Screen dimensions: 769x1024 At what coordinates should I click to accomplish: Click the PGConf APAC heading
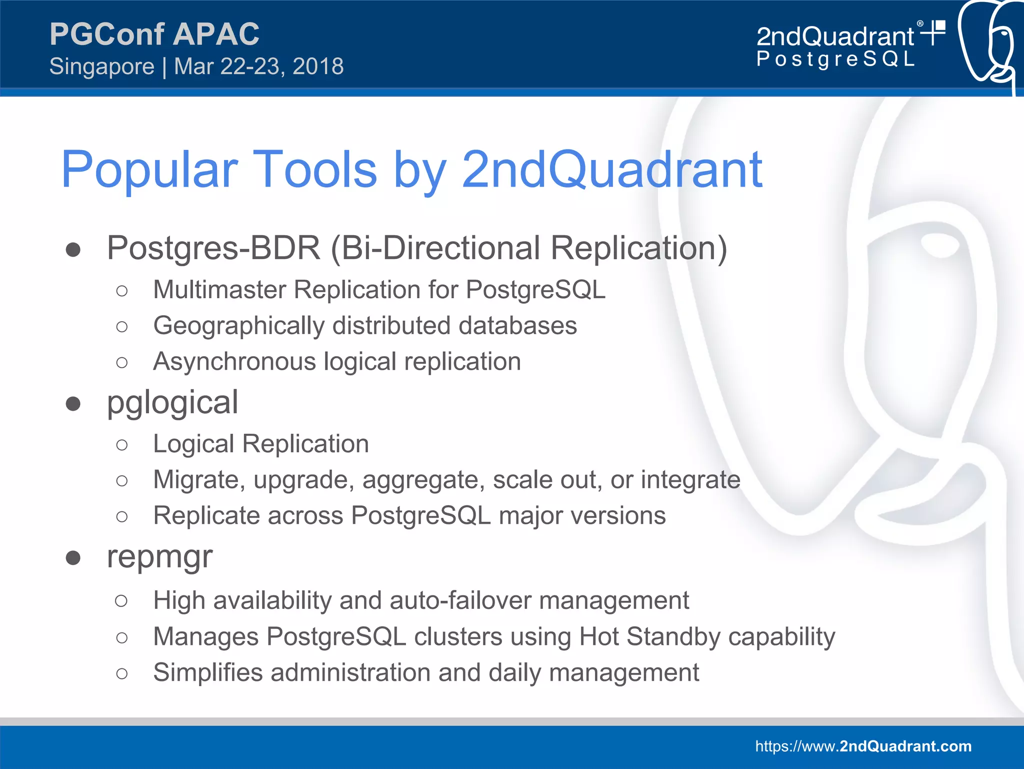click(x=154, y=34)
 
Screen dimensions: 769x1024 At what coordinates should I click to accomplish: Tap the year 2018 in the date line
click(x=318, y=67)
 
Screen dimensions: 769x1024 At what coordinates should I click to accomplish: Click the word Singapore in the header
click(x=102, y=67)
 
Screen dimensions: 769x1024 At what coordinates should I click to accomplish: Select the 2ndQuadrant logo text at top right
click(x=835, y=37)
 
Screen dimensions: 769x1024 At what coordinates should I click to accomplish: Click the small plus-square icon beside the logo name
click(x=934, y=32)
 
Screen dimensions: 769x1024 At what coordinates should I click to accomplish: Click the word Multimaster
click(x=219, y=290)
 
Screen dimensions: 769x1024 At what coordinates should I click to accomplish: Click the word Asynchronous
click(x=234, y=362)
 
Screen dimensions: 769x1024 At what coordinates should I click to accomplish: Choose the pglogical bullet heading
click(x=172, y=403)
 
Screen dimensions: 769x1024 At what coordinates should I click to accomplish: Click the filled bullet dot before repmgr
click(x=73, y=557)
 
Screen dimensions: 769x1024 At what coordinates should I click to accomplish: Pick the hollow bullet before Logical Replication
click(x=121, y=444)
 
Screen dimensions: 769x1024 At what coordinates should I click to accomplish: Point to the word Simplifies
click(x=207, y=672)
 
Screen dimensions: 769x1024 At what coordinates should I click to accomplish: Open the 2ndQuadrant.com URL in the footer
click(x=863, y=746)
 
